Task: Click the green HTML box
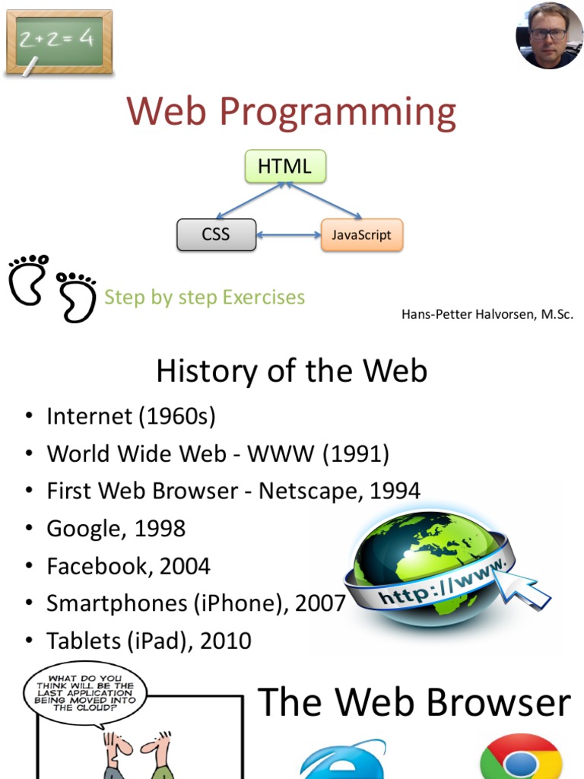click(x=285, y=167)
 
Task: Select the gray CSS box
click(x=215, y=235)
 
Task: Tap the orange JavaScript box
click(x=361, y=235)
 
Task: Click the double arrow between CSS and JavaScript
click(x=288, y=235)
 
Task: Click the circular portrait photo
click(x=549, y=36)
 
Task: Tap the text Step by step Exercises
click(x=204, y=297)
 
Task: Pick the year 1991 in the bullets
click(x=355, y=454)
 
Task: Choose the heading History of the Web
click(x=291, y=372)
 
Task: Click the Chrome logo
click(x=521, y=758)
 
